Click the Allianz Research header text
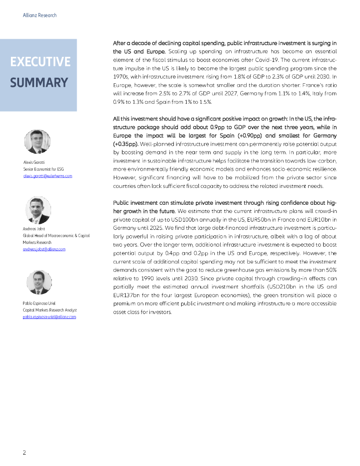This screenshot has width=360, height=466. click(40, 15)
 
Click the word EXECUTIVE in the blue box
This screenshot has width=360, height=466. click(40, 62)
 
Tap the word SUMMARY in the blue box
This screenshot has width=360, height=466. click(39, 83)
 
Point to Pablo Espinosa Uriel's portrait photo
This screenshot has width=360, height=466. click(39, 282)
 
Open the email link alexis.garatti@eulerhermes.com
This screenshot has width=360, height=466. click(47, 176)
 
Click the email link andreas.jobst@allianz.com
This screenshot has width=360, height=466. click(44, 249)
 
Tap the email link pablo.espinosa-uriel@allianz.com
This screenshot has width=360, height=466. click(49, 317)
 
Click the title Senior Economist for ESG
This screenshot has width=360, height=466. click(43, 169)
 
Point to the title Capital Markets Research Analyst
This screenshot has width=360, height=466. click(50, 310)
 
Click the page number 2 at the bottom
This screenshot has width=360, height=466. click(25, 452)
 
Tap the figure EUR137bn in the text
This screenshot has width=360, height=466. click(126, 295)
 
